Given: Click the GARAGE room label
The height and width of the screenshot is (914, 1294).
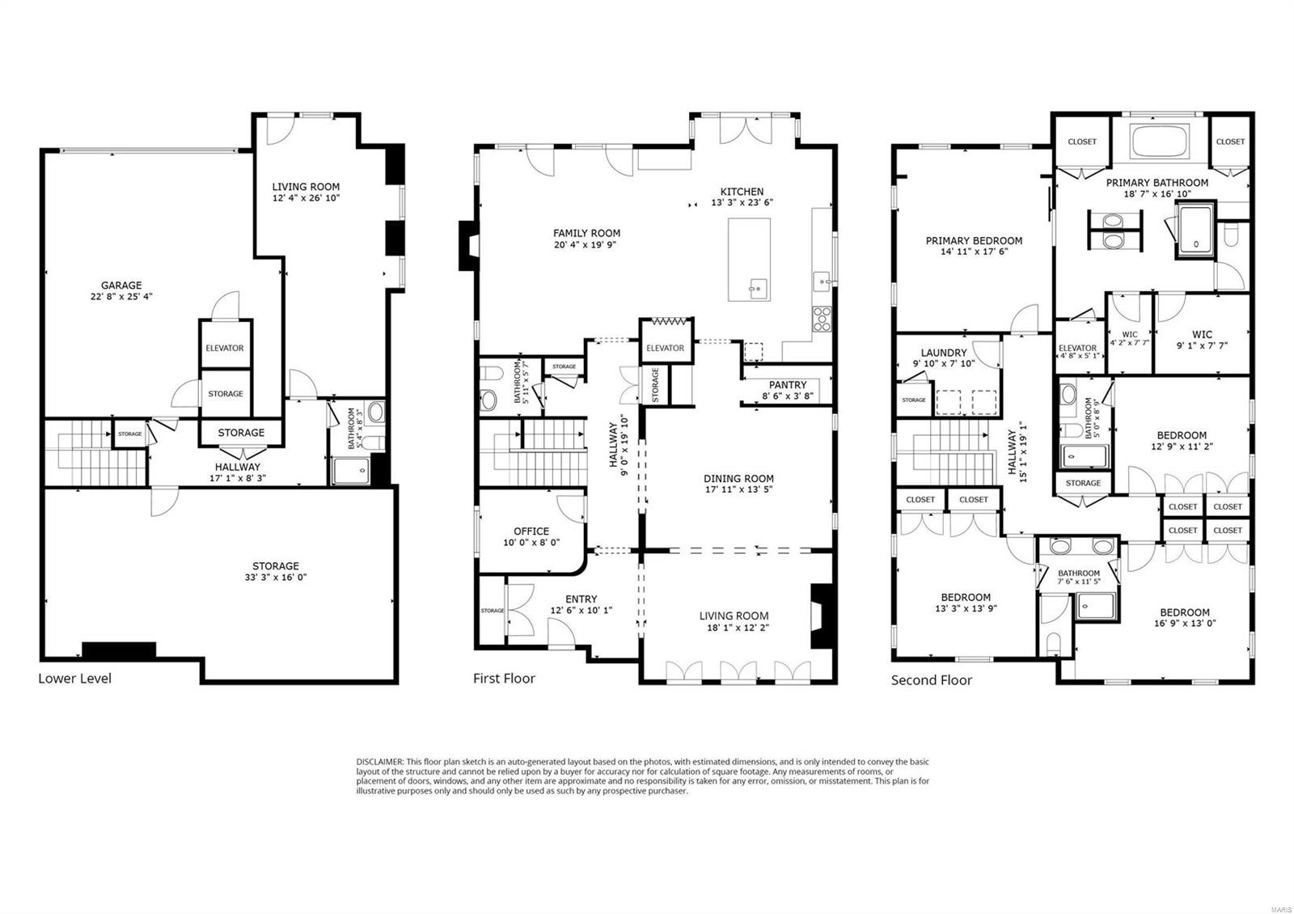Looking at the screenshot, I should [121, 286].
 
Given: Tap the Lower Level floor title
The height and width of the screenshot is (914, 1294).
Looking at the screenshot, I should [74, 679].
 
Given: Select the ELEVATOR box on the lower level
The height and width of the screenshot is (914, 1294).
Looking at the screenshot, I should [225, 348].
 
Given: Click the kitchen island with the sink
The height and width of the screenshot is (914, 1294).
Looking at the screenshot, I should [749, 259].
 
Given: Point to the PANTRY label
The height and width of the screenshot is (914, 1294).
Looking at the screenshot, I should [787, 385].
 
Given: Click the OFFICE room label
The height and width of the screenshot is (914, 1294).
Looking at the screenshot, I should [531, 531].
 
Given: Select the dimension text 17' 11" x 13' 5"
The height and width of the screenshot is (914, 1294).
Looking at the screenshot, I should [738, 490].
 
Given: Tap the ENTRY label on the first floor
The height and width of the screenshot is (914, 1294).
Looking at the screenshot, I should [581, 599].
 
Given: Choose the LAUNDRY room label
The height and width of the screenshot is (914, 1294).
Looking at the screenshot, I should [944, 353].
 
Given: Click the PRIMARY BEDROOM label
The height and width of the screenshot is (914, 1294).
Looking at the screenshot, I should [974, 240].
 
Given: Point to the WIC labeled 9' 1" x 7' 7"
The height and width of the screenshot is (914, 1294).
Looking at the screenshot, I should [1202, 334].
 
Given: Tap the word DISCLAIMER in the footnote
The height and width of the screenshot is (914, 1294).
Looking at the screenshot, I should [379, 762].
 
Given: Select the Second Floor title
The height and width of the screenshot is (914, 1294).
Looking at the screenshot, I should [932, 680].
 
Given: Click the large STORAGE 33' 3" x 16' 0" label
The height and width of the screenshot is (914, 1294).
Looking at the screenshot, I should [275, 566].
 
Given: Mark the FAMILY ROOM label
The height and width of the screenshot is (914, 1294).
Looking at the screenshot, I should [587, 233].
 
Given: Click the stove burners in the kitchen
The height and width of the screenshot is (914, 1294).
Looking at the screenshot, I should [822, 318].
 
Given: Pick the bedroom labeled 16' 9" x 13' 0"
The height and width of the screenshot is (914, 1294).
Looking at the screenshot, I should [1185, 612].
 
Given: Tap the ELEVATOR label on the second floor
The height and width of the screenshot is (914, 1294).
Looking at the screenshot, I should [1077, 349].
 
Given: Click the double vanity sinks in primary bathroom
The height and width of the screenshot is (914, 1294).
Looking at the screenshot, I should [1114, 231].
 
